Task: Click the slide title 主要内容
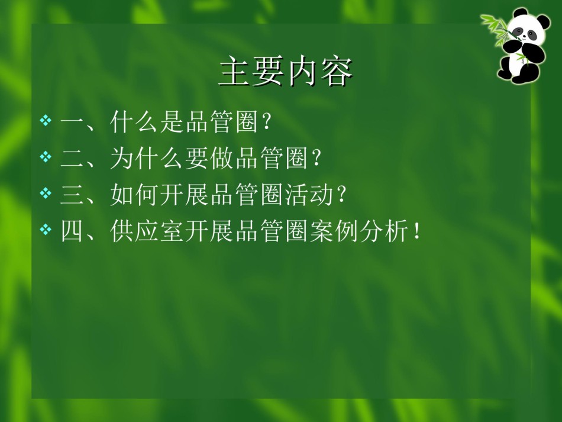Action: coord(286,71)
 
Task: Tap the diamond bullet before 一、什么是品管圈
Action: coord(46,121)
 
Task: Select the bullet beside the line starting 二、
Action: coord(46,157)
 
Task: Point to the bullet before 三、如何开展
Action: coord(46,193)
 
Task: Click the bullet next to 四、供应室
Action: coord(46,229)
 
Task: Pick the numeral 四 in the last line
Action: coord(72,231)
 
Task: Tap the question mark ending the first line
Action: coord(266,123)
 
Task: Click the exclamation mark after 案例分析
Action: coord(416,231)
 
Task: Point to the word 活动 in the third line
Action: coord(309,194)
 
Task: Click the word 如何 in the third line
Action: coord(135,194)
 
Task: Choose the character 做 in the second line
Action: coord(222,158)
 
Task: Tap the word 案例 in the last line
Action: coord(334,231)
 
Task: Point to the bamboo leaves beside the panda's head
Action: coord(494,29)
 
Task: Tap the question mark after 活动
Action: coord(341,194)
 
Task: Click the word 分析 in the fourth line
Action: coord(384,231)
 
